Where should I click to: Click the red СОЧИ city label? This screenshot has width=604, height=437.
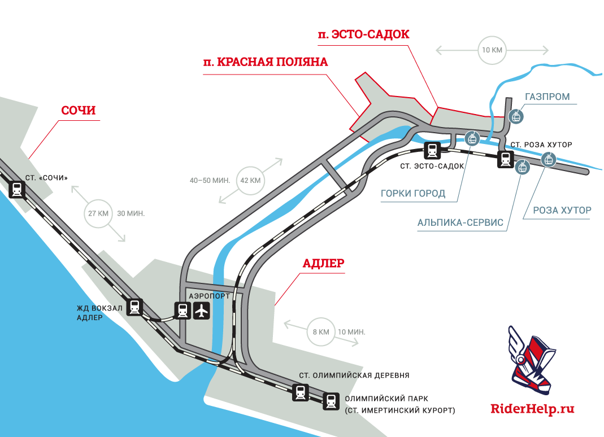pos(79,110)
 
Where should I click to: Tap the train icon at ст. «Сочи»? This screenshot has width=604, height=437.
pos(18,190)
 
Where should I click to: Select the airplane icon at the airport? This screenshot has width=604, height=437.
pos(202,310)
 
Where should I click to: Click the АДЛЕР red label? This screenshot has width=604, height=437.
pos(324,263)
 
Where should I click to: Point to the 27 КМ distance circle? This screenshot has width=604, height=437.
pos(98,214)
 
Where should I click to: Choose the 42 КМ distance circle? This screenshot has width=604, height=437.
pos(251,181)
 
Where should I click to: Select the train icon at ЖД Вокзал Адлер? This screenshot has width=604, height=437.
pos(134,307)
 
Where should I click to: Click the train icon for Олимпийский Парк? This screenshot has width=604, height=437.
pos(331,401)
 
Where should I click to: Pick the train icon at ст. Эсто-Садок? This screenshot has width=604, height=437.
pos(433,151)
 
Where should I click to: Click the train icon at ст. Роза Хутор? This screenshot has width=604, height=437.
pos(505,160)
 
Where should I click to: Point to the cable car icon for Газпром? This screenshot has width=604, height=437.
pos(515,117)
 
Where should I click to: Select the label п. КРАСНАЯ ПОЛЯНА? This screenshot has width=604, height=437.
pos(266,62)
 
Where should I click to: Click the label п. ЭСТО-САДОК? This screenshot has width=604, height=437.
pos(363,34)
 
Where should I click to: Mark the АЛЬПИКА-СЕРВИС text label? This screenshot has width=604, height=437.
pos(460,222)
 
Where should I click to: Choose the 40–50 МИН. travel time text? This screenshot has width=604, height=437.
pos(210,181)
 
